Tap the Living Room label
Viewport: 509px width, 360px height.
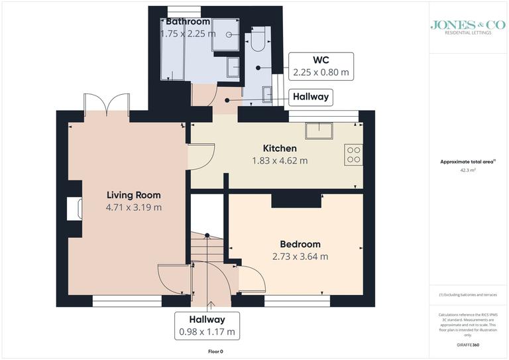coord(134,195)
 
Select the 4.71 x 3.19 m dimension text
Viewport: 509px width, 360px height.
coord(134,208)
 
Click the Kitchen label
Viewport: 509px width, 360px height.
coord(280,148)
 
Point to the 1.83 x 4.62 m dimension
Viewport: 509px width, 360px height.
coord(280,160)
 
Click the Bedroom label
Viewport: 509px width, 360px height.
coord(300,244)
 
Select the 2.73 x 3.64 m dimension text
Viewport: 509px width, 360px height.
coord(300,257)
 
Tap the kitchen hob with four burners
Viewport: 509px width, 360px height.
coord(354,154)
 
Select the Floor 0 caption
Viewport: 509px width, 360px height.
coord(215,351)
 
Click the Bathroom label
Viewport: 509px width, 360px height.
coord(188,22)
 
